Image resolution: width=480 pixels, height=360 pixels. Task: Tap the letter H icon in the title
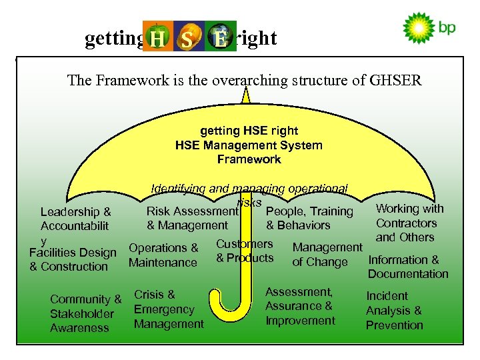click(157, 38)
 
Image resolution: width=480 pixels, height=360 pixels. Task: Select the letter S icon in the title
click(187, 38)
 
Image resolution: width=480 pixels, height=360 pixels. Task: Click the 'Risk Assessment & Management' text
click(192, 219)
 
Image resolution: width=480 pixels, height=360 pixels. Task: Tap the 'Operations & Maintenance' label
click(163, 255)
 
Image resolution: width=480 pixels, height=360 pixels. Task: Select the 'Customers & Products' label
click(245, 251)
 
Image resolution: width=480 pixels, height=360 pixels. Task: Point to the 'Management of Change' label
click(327, 255)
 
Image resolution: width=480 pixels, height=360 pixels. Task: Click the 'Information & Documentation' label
click(407, 267)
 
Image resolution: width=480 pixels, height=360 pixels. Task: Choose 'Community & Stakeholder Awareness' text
click(85, 313)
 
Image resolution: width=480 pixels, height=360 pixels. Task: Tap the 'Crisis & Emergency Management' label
click(168, 309)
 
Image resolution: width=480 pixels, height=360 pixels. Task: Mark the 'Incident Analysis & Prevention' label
click(394, 310)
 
